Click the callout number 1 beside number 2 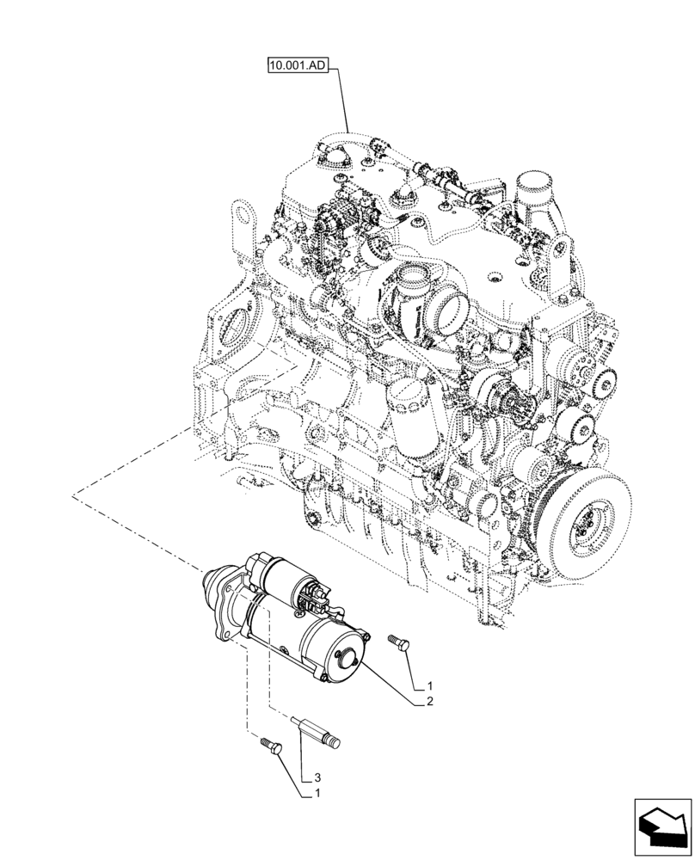[x=427, y=686]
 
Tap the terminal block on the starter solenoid [x=317, y=593]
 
